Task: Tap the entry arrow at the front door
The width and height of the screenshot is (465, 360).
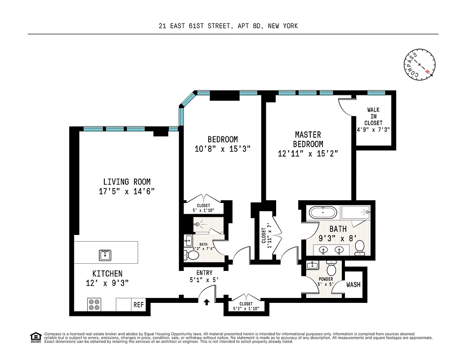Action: [206, 302]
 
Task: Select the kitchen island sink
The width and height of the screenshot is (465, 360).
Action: [105, 255]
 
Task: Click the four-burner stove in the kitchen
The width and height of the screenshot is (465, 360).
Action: [94, 305]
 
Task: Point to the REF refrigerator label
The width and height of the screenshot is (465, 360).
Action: [138, 305]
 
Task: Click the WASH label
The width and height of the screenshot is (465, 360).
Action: [353, 284]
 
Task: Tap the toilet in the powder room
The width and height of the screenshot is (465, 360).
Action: [332, 270]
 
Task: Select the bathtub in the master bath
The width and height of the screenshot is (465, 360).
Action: [322, 212]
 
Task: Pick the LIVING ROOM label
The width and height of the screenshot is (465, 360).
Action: [127, 182]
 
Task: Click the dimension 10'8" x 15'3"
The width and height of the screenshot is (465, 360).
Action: [223, 149]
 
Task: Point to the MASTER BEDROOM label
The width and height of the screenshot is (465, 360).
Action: [308, 139]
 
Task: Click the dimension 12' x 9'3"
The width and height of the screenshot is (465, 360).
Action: [107, 283]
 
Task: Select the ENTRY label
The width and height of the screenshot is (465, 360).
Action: [204, 273]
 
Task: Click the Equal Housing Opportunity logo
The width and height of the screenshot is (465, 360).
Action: [35, 337]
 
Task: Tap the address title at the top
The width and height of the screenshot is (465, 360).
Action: [228, 26]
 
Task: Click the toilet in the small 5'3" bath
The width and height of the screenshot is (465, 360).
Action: [193, 255]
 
